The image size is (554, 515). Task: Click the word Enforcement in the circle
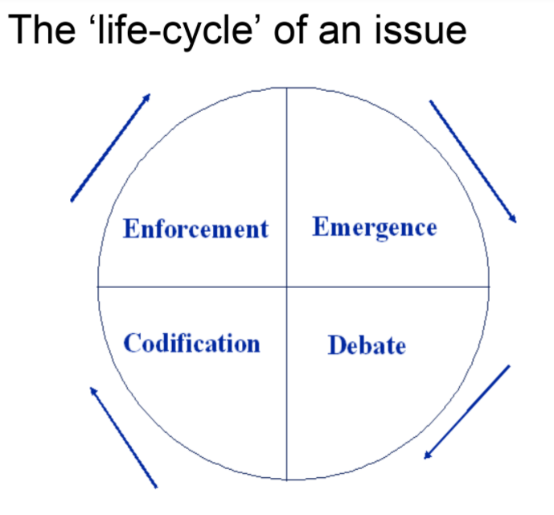195,229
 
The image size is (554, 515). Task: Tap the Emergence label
374,227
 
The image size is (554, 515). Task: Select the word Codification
191,344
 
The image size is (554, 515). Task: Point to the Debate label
366,346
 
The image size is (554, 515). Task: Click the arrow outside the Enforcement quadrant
111,146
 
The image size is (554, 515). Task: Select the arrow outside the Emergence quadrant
473,161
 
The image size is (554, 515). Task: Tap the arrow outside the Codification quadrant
123,436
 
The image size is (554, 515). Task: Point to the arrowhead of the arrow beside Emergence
514,219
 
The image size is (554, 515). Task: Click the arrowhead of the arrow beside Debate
426,456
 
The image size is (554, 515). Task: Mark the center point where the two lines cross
287,286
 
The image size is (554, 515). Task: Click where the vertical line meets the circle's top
287,87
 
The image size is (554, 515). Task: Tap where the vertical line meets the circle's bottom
287,480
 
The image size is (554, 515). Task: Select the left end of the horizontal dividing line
98,286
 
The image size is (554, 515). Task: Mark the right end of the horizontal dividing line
489,286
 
